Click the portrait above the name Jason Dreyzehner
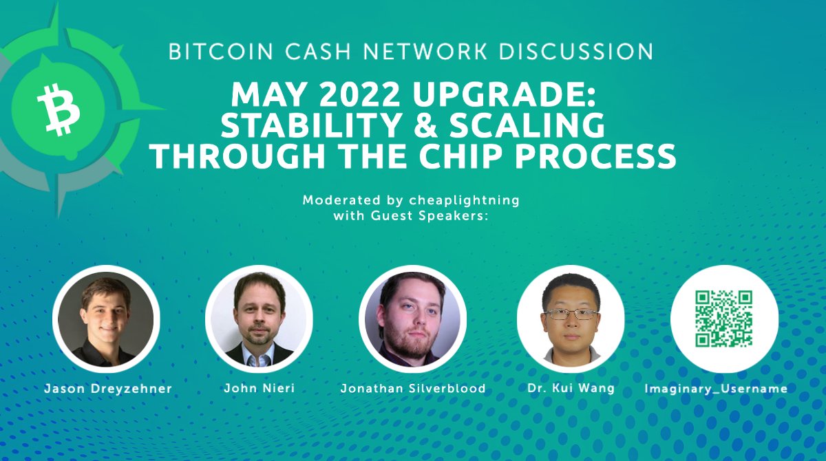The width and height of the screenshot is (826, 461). (x=106, y=319)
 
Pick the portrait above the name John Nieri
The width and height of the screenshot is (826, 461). (x=259, y=319)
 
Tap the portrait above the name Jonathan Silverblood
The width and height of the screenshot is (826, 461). (x=412, y=319)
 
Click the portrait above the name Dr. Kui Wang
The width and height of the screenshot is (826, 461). (x=570, y=319)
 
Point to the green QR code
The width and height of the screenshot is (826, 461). (x=724, y=319)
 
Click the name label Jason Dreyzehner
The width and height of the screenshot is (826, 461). (x=108, y=389)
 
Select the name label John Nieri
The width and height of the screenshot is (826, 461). (x=260, y=389)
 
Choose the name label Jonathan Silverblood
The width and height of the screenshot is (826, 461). (x=413, y=389)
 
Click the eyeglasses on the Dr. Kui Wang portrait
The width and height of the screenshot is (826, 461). (x=571, y=314)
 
